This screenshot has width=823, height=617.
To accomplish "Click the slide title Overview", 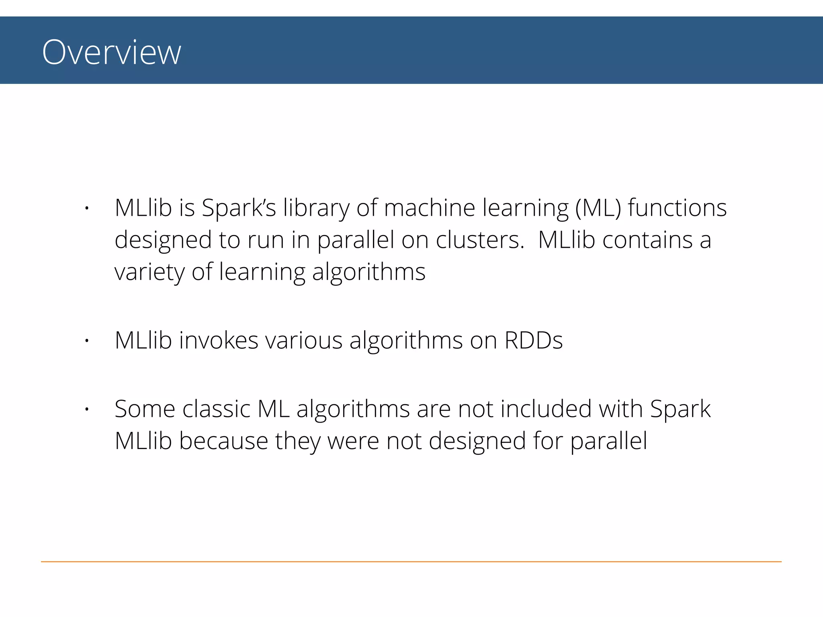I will pos(111,52).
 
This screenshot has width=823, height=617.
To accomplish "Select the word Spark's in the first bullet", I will pos(239,208).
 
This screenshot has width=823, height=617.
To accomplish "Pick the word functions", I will pos(677,208).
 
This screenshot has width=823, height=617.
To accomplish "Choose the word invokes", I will pos(218,341).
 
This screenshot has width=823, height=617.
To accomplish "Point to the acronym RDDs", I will pos(533,341).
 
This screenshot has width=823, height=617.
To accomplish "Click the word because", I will pos(223,441).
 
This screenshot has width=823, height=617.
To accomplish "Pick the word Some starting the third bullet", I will pos(145,409).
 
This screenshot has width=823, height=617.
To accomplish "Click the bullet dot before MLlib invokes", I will pos(86,341).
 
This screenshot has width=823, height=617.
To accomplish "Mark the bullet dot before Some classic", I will pos(86,409).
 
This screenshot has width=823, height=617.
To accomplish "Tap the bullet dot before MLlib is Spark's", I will pos(86,208).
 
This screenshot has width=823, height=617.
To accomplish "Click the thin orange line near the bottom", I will pos(411,562).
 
